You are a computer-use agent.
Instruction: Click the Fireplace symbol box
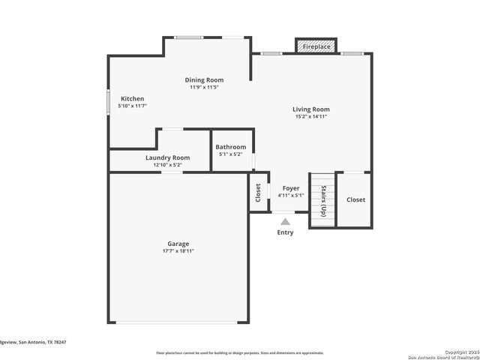coord(316,46)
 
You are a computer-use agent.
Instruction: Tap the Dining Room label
coord(204,80)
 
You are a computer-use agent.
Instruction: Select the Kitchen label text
coord(133,99)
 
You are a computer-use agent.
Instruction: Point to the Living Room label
coord(310,109)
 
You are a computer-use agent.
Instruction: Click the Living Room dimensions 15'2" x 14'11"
coord(310,116)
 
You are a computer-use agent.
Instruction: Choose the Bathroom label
coord(230,147)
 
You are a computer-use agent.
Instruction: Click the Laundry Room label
coord(167,157)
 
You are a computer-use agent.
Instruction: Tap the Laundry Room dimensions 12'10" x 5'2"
coord(167,164)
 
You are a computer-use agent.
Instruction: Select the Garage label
coord(178,244)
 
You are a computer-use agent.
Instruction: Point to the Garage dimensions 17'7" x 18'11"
coord(178,251)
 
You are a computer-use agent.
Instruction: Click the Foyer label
coord(290,188)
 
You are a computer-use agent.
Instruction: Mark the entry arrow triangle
coord(285,221)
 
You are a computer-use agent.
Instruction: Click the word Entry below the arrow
coord(285,232)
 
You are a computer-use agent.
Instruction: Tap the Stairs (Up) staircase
coord(322,199)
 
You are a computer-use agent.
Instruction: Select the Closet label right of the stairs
coord(355,199)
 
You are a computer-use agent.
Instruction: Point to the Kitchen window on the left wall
coord(109,101)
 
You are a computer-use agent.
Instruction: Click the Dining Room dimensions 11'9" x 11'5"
coord(204,87)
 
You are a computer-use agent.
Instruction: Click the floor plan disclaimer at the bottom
coord(239,352)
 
